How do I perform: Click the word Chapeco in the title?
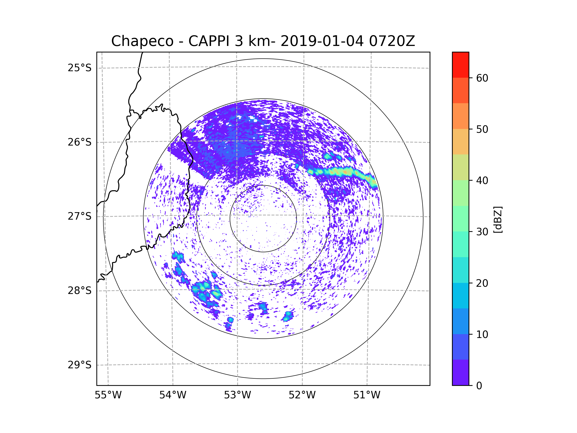(142, 41)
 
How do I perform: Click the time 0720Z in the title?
(392, 41)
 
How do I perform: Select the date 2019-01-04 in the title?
(322, 41)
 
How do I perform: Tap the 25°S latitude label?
(80, 68)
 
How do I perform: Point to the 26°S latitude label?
(80, 142)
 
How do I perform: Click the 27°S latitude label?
(80, 216)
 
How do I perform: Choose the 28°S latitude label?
(80, 291)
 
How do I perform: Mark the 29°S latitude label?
(80, 365)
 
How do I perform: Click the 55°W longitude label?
(108, 395)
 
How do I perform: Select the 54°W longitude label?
(173, 395)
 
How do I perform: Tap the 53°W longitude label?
(237, 395)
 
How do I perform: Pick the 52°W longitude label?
(302, 395)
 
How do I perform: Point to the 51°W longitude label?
(367, 395)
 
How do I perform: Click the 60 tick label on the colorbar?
(482, 78)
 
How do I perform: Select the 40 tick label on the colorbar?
(482, 181)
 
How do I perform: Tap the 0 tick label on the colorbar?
(479, 386)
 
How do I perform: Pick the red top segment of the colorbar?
(460, 65)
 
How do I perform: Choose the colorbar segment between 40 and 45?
(460, 167)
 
